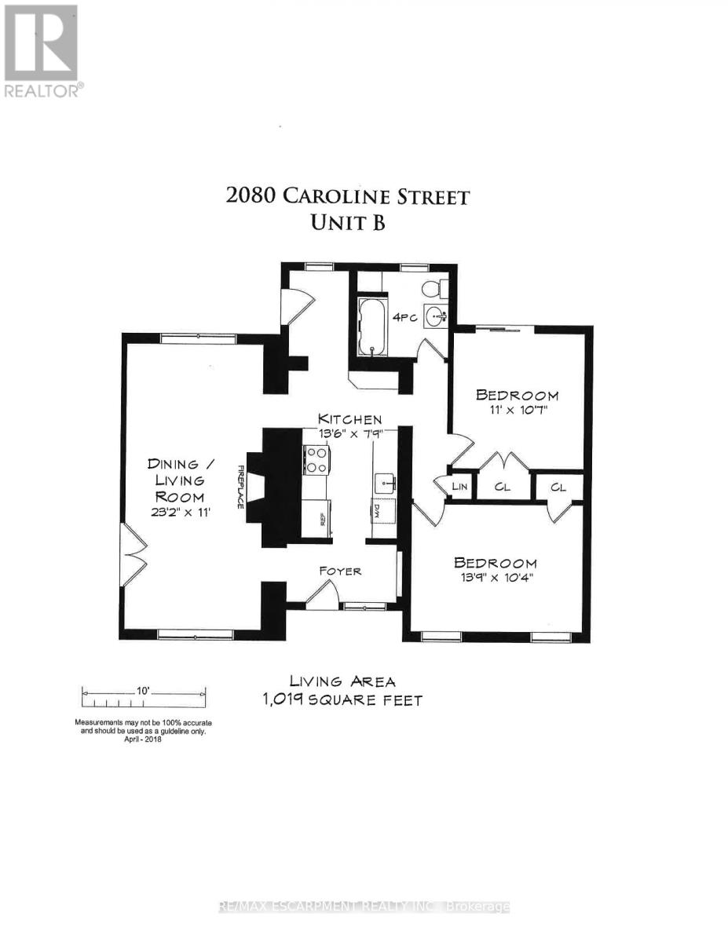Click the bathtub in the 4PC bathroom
(x=371, y=326)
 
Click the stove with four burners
(x=316, y=460)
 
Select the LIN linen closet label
(x=461, y=487)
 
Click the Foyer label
(x=340, y=571)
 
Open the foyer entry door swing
(x=320, y=597)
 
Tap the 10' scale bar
(x=144, y=694)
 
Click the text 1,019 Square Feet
(x=342, y=699)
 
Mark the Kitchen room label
(x=349, y=419)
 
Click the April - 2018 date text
(x=143, y=739)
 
